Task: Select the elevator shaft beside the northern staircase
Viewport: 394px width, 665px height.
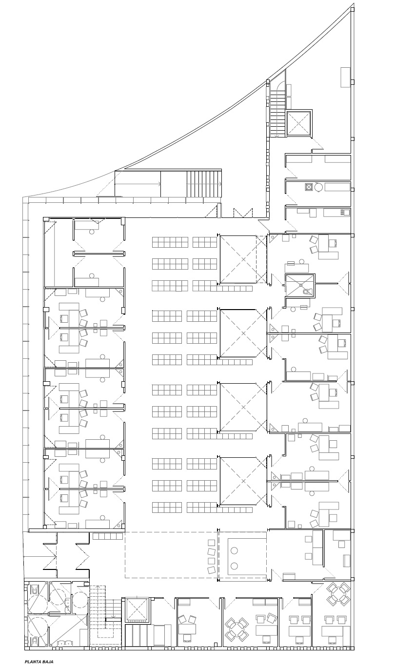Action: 299,123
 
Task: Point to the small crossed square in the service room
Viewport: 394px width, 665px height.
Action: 309,187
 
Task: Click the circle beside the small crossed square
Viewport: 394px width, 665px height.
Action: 319,187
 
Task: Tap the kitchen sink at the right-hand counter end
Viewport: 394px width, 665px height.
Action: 346,212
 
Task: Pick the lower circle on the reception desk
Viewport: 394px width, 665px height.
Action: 234,565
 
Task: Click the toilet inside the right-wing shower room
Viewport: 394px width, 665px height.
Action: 307,292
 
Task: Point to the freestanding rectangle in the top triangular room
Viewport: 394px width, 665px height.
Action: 345,77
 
